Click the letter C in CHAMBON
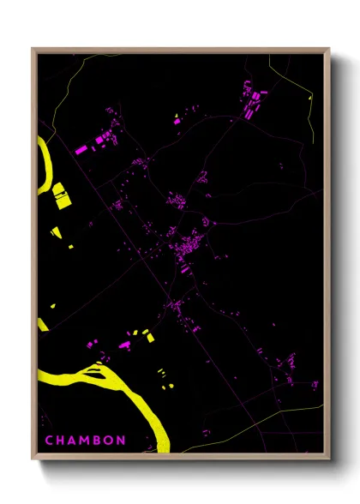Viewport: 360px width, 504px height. [x=49, y=441]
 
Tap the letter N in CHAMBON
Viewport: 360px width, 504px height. [x=122, y=441]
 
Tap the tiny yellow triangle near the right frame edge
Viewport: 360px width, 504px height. [x=309, y=98]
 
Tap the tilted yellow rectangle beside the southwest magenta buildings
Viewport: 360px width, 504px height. [x=150, y=337]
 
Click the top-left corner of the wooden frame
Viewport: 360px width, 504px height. [x=33, y=49]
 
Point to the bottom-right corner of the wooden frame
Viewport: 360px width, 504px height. [x=330, y=459]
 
